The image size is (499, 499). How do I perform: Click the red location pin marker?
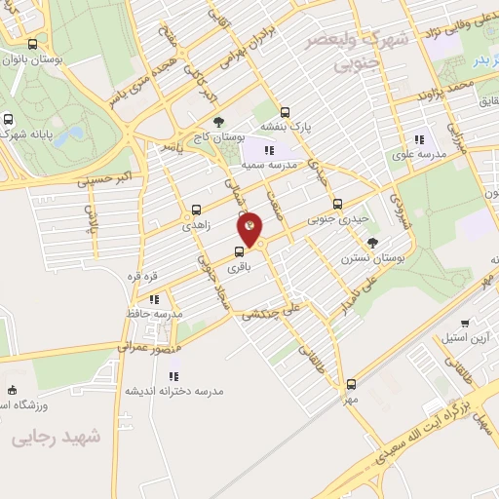pos(250,227)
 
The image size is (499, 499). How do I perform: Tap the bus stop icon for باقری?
pos(240,250)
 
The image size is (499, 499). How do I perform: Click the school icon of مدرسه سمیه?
pos(269,150)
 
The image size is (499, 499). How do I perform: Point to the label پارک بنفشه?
pos(286,127)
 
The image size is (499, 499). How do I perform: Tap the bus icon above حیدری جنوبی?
pos(337,204)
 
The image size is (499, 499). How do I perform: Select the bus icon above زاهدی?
pos(197,209)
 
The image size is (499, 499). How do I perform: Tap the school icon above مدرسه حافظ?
pos(154,300)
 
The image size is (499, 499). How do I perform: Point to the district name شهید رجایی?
pos(58,439)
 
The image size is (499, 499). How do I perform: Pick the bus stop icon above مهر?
pos(351,384)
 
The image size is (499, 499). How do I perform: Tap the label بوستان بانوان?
pos(59,60)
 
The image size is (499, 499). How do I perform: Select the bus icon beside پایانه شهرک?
pos(8,121)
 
